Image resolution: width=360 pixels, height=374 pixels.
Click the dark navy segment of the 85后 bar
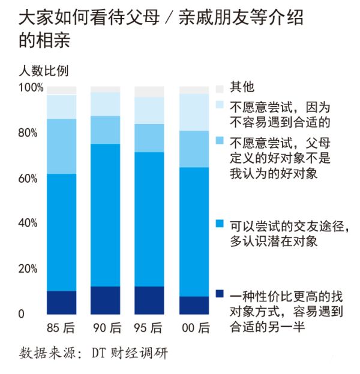pyautogui.click(x=62, y=302)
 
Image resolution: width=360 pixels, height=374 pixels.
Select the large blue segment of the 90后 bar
pyautogui.click(x=106, y=215)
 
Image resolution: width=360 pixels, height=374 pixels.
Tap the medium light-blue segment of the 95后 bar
pyautogui.click(x=149, y=138)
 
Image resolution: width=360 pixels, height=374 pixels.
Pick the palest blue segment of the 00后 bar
pyautogui.click(x=194, y=112)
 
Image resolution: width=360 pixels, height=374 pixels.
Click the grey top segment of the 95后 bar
pyautogui.click(x=149, y=92)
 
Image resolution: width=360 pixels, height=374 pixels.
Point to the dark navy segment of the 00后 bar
pyautogui.click(x=194, y=305)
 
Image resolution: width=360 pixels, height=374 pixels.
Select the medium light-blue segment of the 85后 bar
pyautogui.click(x=62, y=146)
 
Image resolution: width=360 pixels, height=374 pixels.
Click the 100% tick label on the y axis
pyautogui.click(x=31, y=88)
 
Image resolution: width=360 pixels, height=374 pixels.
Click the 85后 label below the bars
pyautogui.click(x=62, y=328)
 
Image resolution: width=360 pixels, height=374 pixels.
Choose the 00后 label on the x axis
pyautogui.click(x=194, y=328)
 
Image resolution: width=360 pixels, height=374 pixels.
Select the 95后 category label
pyautogui.click(x=149, y=328)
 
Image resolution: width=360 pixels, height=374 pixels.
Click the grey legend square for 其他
pyautogui.click(x=219, y=88)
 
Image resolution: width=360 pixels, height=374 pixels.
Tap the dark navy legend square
pyautogui.click(x=219, y=294)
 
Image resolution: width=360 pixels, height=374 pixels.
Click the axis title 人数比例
pyautogui.click(x=41, y=70)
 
